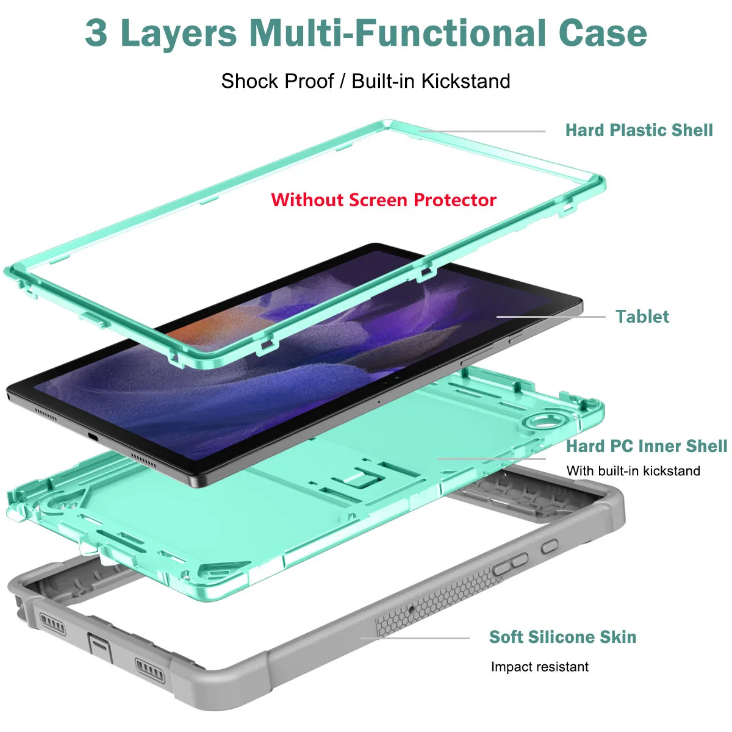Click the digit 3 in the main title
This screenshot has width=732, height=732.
pos(96,33)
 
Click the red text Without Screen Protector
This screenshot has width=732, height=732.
pos(383,200)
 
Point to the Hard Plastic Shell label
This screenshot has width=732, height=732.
pos(639,131)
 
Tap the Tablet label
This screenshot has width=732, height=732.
pos(642,317)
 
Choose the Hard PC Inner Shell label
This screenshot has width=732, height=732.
pos(646,446)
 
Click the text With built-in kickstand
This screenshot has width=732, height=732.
pos(633,471)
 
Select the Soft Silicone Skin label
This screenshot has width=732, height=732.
pos(562,637)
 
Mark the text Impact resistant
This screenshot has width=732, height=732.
pos(539,667)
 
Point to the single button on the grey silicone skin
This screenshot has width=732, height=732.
pos(549,547)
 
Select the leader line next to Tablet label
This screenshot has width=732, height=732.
pos(551,317)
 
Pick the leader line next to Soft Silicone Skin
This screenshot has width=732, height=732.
pos(415,638)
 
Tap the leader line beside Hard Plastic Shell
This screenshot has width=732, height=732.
pos(482,131)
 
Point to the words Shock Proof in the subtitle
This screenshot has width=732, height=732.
pos(278,81)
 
